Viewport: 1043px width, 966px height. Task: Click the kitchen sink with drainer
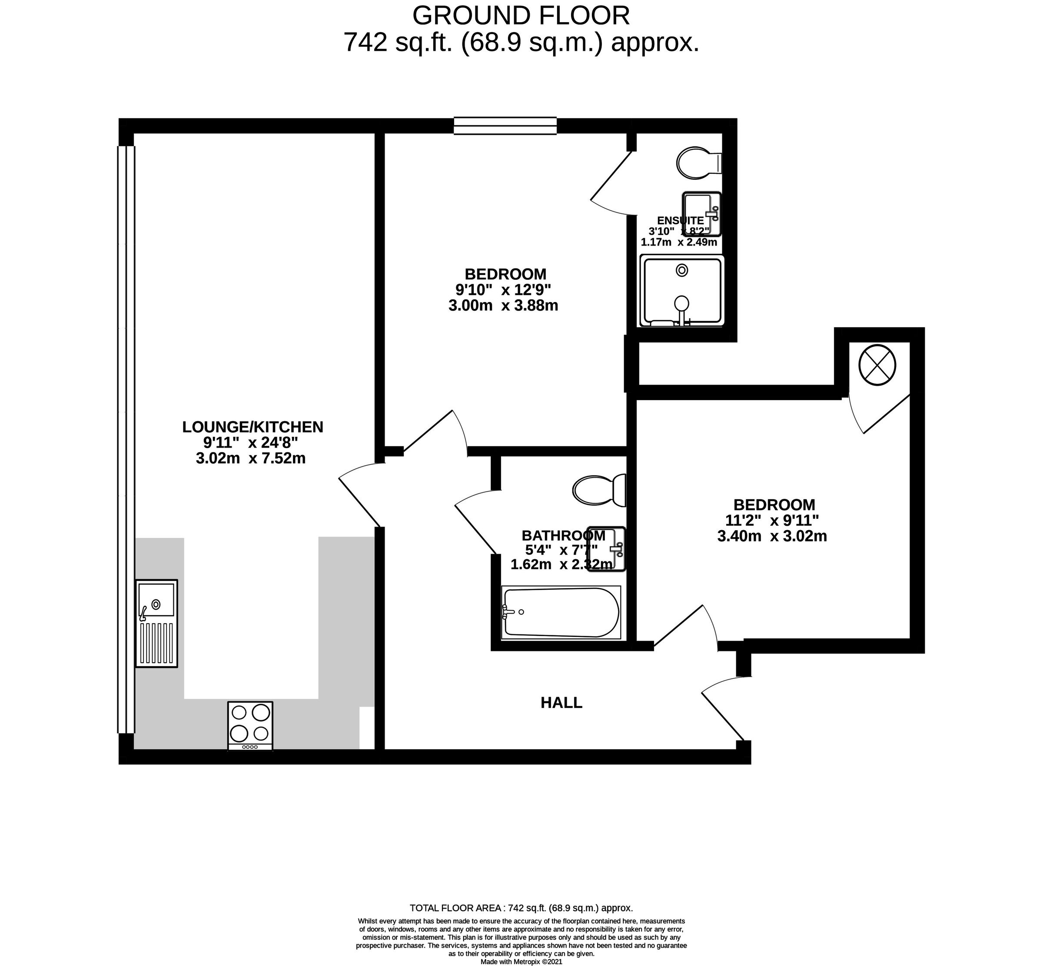click(x=156, y=623)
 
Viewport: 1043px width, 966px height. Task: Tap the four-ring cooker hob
click(x=250, y=726)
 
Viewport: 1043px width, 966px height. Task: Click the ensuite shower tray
click(x=682, y=291)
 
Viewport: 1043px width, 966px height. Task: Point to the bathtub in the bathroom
click(x=561, y=612)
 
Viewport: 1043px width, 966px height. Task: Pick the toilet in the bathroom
click(x=599, y=490)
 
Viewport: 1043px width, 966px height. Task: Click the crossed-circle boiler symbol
click(x=877, y=364)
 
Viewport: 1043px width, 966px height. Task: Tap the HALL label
click(x=561, y=703)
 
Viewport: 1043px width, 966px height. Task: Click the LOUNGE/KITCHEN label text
click(x=252, y=427)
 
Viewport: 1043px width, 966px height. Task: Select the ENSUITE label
click(x=680, y=221)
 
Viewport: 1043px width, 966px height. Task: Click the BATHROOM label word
click(x=563, y=535)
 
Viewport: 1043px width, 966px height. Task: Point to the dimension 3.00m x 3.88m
click(x=503, y=305)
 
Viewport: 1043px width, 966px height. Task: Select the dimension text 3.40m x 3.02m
click(x=772, y=536)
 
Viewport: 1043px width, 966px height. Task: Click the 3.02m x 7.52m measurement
click(x=250, y=458)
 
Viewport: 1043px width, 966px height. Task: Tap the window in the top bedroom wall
click(x=505, y=126)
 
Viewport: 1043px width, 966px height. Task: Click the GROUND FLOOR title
click(x=521, y=16)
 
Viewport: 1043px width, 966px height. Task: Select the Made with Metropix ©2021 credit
click(x=521, y=961)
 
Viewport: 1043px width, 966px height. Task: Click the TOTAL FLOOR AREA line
click(x=521, y=908)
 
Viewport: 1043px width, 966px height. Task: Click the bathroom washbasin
click(x=606, y=549)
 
